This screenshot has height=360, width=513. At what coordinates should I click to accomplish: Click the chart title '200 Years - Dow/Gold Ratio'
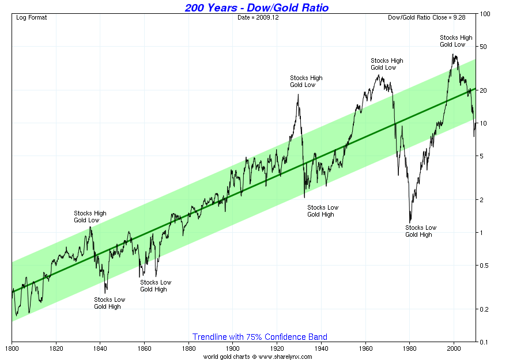click(256, 7)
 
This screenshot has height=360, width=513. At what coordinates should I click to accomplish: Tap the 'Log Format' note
click(31, 18)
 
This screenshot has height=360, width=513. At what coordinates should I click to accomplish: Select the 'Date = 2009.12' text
click(258, 18)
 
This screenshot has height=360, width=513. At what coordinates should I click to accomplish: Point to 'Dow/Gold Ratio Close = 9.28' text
click(427, 18)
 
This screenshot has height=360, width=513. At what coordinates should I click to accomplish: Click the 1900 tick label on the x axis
click(233, 348)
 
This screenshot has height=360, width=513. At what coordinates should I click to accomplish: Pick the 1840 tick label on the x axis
click(100, 348)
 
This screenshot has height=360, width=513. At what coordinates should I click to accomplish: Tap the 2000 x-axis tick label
click(454, 348)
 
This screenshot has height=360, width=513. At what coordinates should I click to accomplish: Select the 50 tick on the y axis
click(483, 47)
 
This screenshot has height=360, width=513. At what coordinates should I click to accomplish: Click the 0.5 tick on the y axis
click(484, 266)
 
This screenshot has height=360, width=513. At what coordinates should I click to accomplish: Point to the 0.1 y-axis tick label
click(484, 342)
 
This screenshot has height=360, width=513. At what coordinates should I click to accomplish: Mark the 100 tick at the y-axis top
click(485, 14)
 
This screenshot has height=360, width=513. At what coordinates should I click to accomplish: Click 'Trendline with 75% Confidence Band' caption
click(260, 337)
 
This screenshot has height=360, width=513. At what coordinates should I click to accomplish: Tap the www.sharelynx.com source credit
click(285, 357)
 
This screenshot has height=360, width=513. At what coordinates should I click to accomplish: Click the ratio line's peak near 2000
click(453, 54)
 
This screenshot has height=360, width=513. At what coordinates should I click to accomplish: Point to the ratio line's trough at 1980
click(410, 222)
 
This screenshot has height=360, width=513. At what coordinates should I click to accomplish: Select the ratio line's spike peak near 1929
click(298, 94)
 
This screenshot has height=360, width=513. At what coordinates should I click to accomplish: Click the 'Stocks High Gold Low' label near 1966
click(387, 64)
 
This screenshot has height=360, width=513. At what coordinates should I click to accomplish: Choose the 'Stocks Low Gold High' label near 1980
click(421, 231)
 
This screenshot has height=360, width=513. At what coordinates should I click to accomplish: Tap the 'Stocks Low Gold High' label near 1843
click(110, 303)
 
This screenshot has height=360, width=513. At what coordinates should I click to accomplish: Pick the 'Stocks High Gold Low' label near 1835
click(90, 217)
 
